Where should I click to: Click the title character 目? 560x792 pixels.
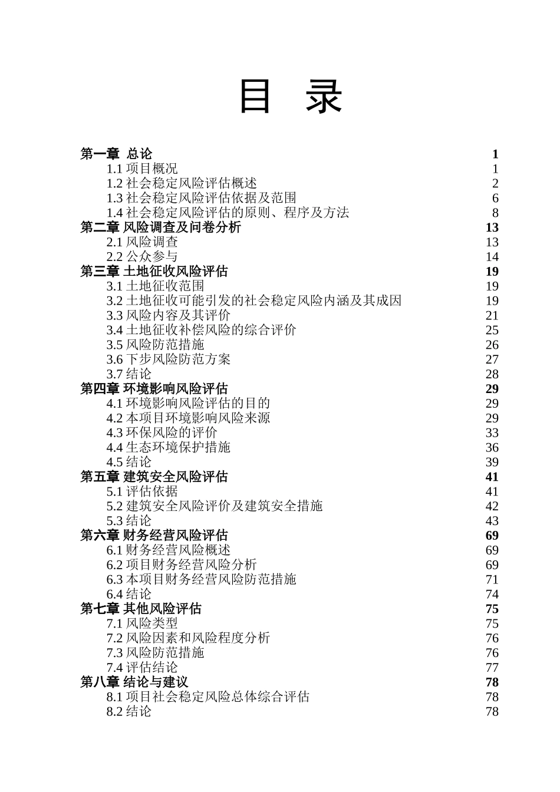click(x=255, y=97)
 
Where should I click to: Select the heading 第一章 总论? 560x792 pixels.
click(x=116, y=154)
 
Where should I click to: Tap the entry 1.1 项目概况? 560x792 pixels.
click(x=142, y=169)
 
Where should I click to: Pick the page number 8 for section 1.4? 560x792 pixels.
click(x=495, y=213)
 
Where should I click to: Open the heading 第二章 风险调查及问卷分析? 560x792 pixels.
click(x=160, y=227)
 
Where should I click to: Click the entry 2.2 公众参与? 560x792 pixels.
click(x=142, y=256)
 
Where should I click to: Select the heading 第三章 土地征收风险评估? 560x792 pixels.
click(x=154, y=271)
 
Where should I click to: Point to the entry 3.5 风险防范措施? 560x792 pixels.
click(x=155, y=345)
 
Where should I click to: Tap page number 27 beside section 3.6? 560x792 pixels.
click(x=492, y=359)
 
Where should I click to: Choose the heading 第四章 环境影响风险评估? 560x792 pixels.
click(x=154, y=388)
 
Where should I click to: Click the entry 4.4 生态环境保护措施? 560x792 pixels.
click(x=168, y=447)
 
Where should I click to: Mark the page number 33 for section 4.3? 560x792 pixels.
click(x=492, y=433)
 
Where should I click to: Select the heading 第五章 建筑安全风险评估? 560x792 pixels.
click(x=154, y=477)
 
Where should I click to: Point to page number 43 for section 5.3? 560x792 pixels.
click(x=492, y=521)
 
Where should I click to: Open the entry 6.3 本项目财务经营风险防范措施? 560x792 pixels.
click(x=201, y=579)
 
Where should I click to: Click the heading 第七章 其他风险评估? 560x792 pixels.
click(x=141, y=609)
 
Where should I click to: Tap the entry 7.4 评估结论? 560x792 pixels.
click(x=142, y=667)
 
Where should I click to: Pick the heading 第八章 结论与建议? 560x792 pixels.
click(x=134, y=682)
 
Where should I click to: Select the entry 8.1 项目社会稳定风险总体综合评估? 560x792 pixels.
click(x=207, y=697)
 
